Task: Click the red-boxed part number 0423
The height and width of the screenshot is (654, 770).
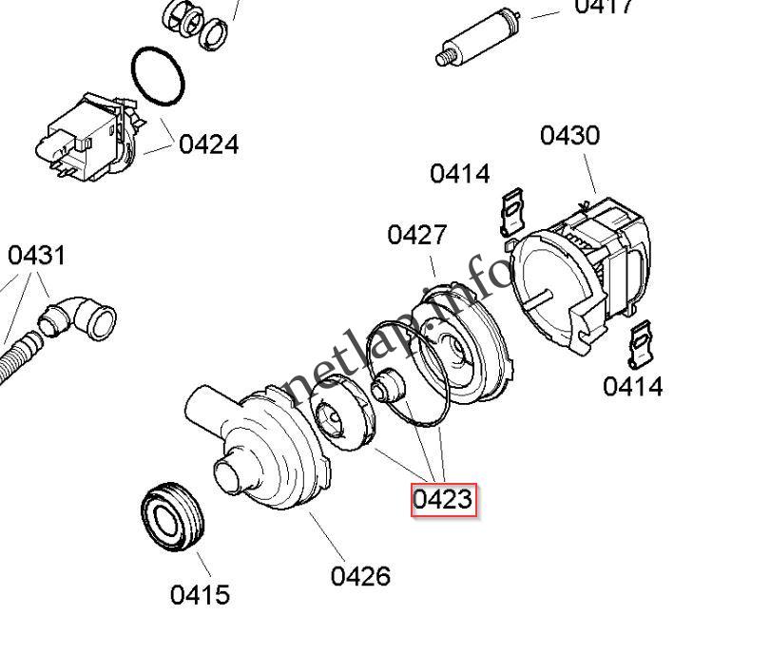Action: (x=442, y=498)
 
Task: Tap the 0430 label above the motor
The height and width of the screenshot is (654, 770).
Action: (x=569, y=135)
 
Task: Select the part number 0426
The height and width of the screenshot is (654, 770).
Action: (x=360, y=576)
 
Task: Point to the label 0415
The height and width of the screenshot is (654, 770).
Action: (x=200, y=595)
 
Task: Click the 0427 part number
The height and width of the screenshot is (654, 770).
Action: (x=416, y=235)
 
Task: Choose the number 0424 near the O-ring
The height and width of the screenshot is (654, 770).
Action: (x=208, y=144)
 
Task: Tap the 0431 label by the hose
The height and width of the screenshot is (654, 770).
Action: (x=36, y=256)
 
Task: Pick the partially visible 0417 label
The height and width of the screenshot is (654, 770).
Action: (x=604, y=8)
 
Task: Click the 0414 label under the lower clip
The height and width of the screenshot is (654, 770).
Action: (x=632, y=387)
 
